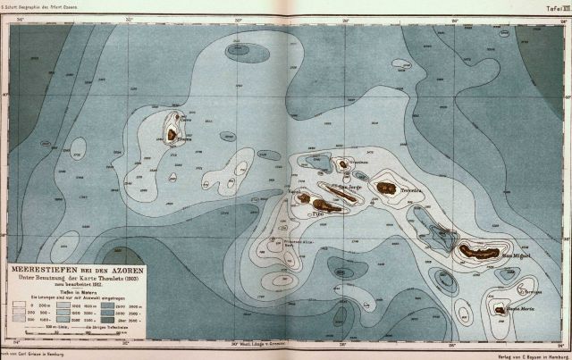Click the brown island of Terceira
[x=386, y=188]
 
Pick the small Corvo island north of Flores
[x=180, y=115]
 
